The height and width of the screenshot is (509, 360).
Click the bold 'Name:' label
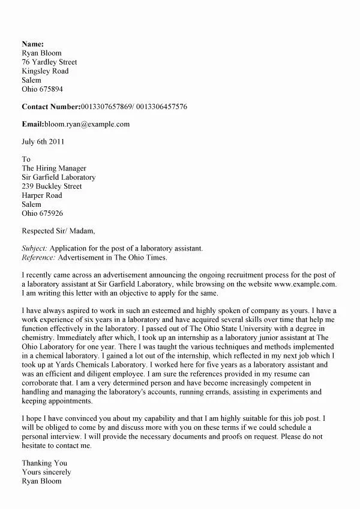tap(32, 44)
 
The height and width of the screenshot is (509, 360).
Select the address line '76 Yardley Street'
tap(49, 62)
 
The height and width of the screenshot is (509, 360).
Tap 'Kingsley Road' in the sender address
tap(45, 71)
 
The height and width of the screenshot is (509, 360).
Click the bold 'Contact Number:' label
tap(51, 107)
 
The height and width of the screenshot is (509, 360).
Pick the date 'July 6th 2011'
tap(43, 142)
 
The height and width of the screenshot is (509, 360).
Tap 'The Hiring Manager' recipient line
tap(54, 168)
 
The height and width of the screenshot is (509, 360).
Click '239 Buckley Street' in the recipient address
tap(51, 186)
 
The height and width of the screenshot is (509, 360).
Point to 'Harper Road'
tap(42, 195)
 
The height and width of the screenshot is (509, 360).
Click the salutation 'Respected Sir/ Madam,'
tap(58, 231)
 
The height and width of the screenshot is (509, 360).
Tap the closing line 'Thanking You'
tap(44, 463)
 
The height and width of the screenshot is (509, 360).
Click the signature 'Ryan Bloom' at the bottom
tap(41, 481)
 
